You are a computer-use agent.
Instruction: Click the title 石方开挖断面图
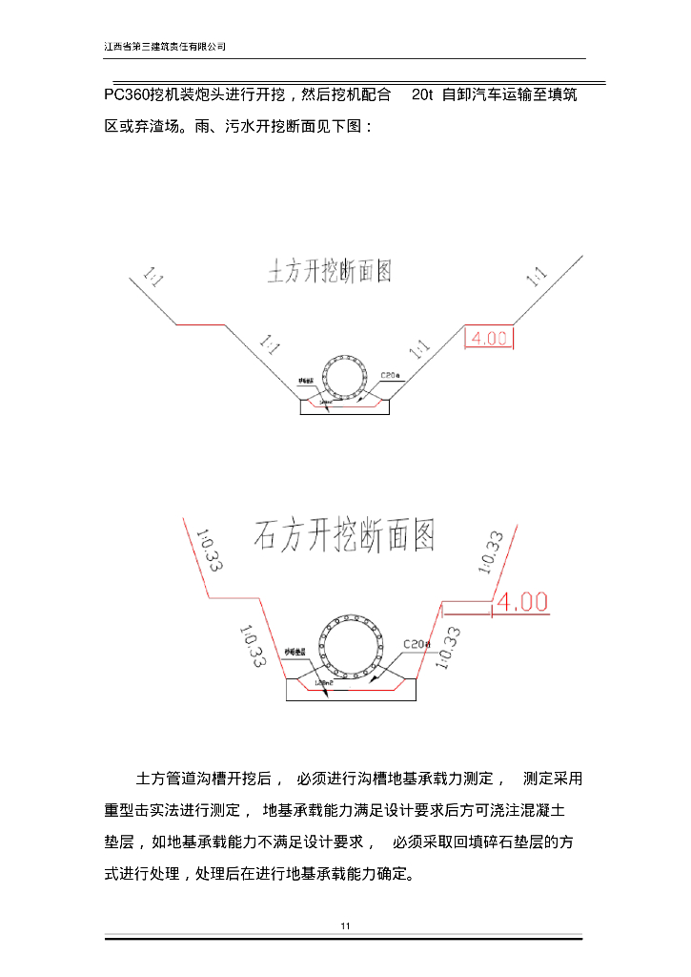click(344, 536)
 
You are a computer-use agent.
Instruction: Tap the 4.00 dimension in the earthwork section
click(490, 338)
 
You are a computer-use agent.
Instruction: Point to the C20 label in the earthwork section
click(391, 375)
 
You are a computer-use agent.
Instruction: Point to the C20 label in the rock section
click(416, 644)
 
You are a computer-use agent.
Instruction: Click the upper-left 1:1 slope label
click(153, 277)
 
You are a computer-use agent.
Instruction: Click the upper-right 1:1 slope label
click(536, 277)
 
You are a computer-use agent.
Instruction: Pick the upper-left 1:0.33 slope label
click(208, 551)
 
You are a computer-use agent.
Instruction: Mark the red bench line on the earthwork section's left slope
click(200, 324)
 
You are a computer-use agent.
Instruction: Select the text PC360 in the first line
click(127, 95)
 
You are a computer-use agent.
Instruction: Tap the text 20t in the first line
click(422, 95)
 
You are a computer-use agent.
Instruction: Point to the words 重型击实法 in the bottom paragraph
click(144, 811)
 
